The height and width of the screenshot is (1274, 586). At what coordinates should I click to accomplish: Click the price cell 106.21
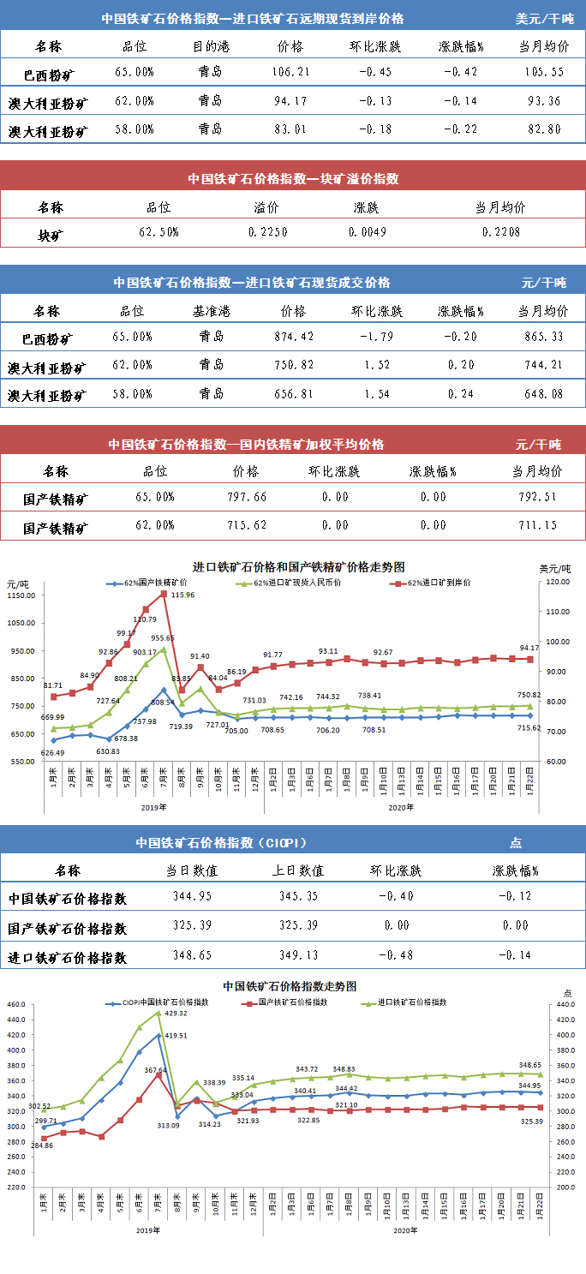point(290,71)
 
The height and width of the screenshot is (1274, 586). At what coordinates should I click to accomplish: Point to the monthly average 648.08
point(541,395)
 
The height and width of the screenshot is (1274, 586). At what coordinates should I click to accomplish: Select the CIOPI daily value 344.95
point(192,896)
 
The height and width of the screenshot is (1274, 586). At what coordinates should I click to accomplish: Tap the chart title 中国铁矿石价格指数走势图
point(289,987)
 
